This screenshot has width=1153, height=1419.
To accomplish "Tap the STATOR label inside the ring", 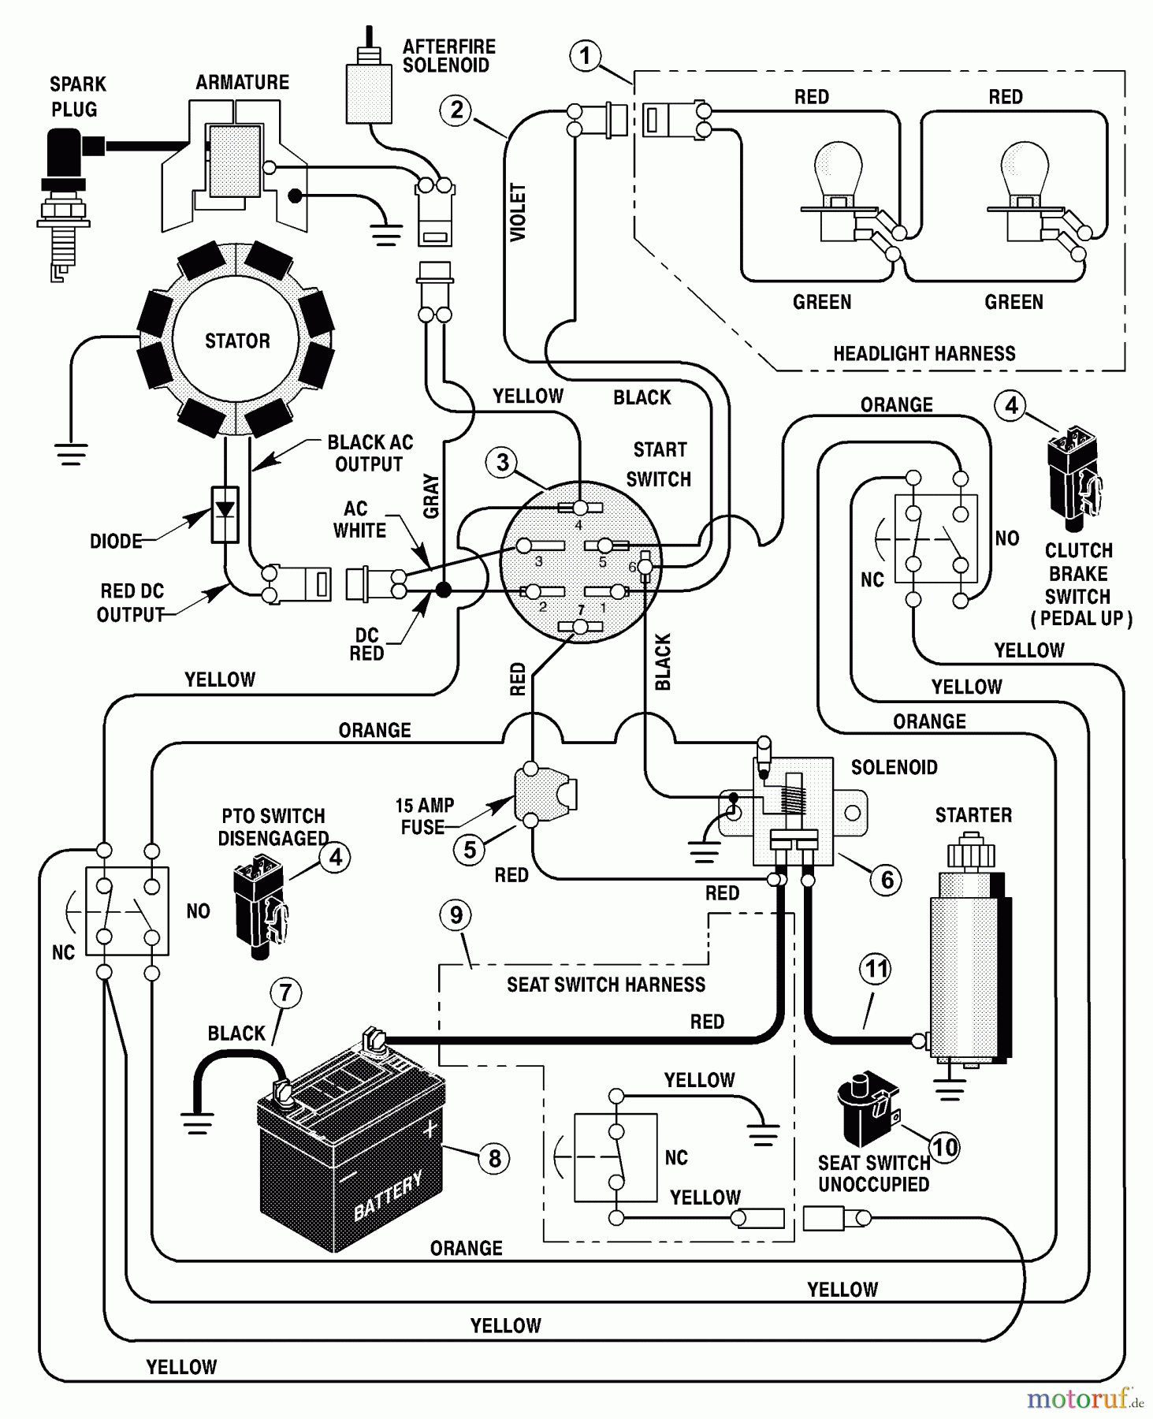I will tap(237, 341).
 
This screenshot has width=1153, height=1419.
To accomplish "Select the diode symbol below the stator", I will tap(225, 513).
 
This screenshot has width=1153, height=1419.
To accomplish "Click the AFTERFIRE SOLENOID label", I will tap(448, 56).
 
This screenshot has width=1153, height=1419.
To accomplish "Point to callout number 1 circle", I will tap(585, 56).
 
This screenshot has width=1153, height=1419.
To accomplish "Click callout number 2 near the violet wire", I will tap(456, 110).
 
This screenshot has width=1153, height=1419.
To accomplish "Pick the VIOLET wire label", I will tap(518, 212).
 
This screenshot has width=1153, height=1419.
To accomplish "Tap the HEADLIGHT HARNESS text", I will tap(924, 353).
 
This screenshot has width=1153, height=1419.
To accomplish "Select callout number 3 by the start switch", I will tap(502, 463).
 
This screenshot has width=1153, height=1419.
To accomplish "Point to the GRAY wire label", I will tap(431, 496).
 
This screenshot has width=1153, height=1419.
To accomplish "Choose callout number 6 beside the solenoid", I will tap(887, 879).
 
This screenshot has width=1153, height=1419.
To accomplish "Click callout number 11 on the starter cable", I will tap(876, 969).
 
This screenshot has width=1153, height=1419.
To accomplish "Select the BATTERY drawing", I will tap(351, 1151).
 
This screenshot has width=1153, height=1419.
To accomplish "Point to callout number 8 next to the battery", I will tap(494, 1158).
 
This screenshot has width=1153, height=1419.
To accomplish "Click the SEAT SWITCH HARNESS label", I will tap(605, 985).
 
